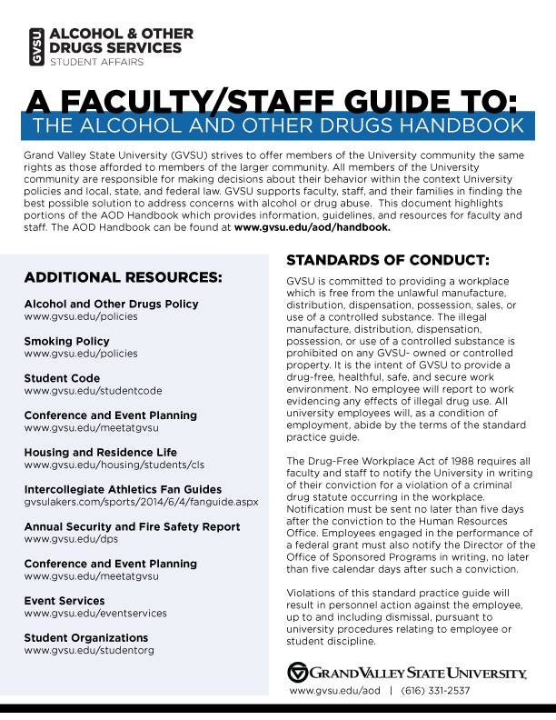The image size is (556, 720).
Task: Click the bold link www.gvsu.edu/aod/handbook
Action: [x=312, y=228]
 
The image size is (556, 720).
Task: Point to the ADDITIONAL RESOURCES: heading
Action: [x=123, y=276]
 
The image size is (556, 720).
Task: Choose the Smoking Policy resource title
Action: [x=66, y=340]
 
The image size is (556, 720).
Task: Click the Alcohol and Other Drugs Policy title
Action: [x=111, y=303]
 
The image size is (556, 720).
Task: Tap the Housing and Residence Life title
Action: [x=100, y=452]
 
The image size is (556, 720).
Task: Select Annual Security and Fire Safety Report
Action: [x=132, y=526]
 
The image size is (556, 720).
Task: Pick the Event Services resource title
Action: [x=65, y=601]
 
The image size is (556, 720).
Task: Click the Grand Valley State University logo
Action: [x=406, y=673]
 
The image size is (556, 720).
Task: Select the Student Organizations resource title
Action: [x=88, y=638]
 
